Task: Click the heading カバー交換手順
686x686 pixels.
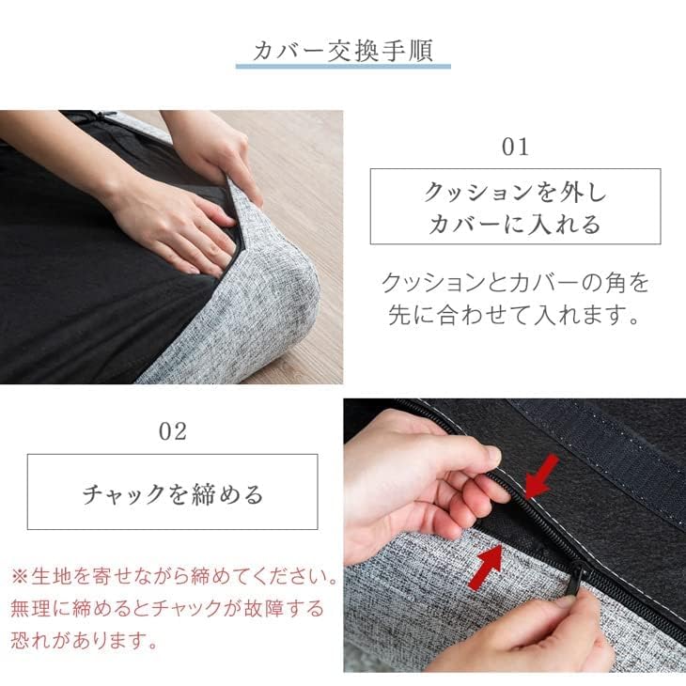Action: (343, 50)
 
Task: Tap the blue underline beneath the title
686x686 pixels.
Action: (343, 67)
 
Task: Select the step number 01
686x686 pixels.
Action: (515, 147)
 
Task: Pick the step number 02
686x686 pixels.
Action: (173, 431)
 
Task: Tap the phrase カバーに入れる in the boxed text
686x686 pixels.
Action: (515, 224)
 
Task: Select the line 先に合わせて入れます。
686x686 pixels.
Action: (515, 315)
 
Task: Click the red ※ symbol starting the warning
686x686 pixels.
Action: (20, 574)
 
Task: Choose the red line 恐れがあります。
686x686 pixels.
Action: (85, 643)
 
